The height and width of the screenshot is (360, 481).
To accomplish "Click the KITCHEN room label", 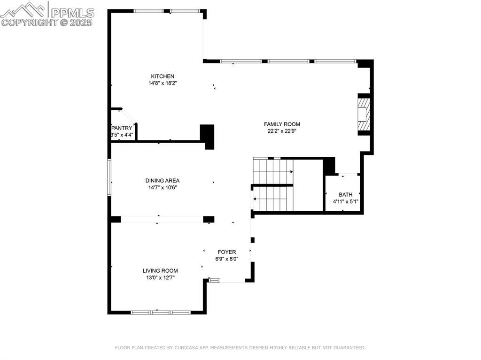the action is [163, 77].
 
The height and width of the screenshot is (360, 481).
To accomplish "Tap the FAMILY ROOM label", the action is [282, 124].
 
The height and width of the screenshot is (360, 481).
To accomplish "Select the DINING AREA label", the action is [162, 181].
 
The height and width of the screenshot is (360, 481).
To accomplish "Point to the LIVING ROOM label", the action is [160, 271].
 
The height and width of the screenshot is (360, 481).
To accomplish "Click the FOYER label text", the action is [227, 252].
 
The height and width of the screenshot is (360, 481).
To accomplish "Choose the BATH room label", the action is [345, 195].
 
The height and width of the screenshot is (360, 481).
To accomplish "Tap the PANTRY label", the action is [122, 128].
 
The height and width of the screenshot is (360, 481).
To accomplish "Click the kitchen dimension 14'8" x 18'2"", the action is [163, 83].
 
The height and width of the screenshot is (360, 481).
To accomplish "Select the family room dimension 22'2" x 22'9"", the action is [282, 131].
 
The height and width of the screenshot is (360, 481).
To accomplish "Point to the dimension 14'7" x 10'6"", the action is [163, 188].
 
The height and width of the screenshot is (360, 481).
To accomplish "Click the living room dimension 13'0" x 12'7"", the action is [161, 278].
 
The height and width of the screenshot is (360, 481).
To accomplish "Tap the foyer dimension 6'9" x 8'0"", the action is [227, 259].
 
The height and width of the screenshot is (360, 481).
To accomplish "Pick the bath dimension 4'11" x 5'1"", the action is [346, 202].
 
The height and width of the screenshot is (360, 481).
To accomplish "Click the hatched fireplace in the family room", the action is [364, 114].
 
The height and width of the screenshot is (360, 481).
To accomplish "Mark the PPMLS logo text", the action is [72, 13].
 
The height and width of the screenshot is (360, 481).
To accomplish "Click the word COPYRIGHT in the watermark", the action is [30, 23].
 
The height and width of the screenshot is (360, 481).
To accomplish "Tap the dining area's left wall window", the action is [109, 177].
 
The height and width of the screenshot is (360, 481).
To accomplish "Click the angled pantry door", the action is [129, 116].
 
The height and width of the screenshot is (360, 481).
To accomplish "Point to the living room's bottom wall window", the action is [161, 313].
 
